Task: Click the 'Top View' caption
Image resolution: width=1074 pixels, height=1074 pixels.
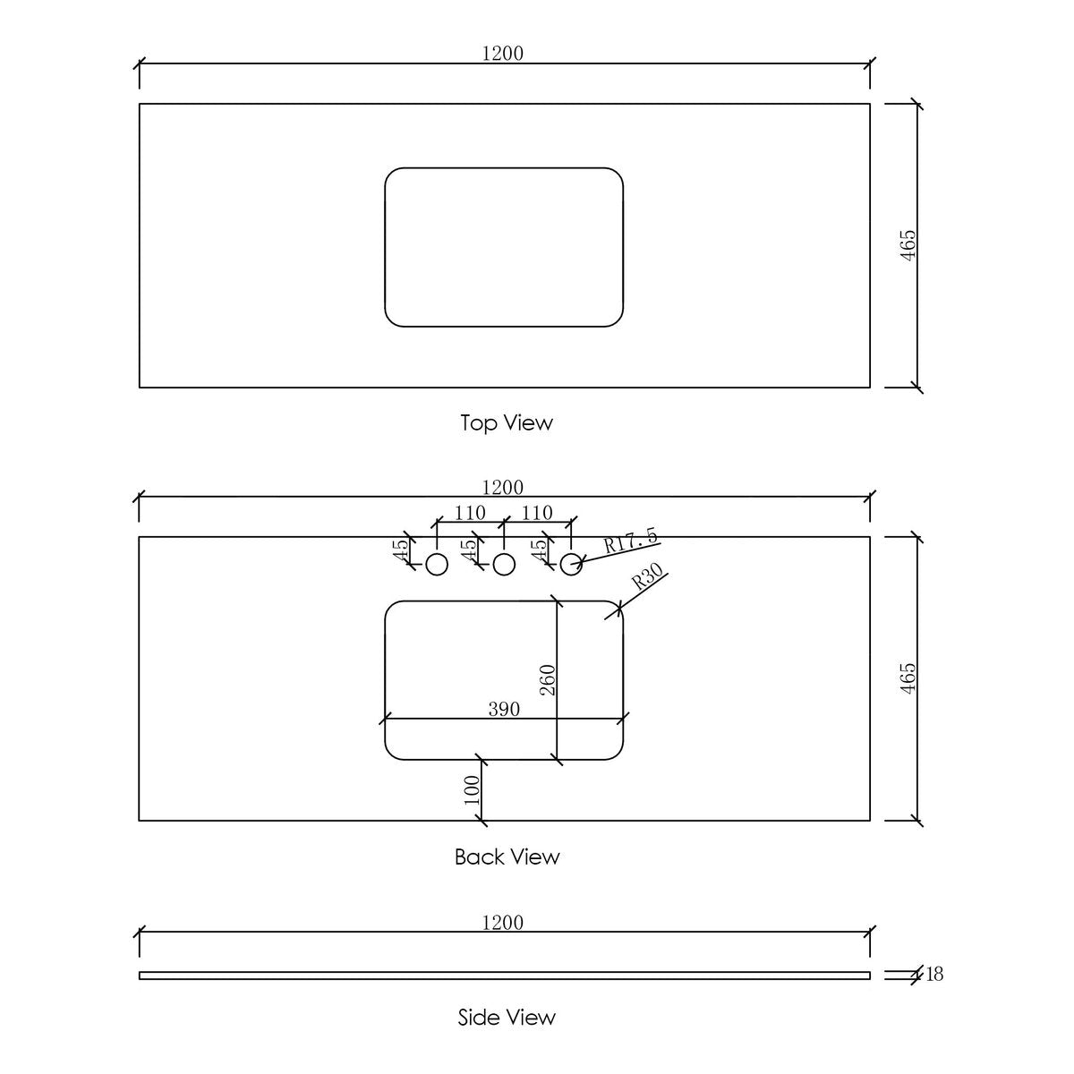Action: (x=506, y=423)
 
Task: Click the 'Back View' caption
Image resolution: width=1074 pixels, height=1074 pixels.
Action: (x=507, y=857)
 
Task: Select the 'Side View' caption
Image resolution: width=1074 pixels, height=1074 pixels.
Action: (x=507, y=1018)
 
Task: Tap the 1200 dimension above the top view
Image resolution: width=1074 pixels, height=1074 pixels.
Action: (x=502, y=54)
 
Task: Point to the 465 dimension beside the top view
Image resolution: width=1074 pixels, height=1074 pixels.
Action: (x=908, y=245)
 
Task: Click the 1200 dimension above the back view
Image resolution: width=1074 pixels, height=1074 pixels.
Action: (x=502, y=488)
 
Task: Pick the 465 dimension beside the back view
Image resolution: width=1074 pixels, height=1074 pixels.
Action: (x=908, y=678)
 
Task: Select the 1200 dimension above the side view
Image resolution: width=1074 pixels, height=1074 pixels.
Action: (x=502, y=923)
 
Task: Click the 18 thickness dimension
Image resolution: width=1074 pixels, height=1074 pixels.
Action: (x=934, y=975)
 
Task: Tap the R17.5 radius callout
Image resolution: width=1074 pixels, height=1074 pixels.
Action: (x=631, y=541)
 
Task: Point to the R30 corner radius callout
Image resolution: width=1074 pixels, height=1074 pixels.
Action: (x=648, y=577)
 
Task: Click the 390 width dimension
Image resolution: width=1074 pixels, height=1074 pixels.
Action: (x=504, y=710)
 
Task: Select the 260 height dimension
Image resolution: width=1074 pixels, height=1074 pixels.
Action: (x=548, y=680)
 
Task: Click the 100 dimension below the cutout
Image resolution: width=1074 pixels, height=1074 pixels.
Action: (x=472, y=789)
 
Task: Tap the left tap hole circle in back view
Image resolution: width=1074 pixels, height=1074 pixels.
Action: (x=437, y=565)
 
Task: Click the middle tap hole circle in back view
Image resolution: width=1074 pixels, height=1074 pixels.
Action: (x=504, y=565)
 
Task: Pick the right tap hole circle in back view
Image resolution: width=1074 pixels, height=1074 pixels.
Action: (x=571, y=565)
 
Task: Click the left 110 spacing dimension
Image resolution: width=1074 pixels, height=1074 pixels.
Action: (x=470, y=513)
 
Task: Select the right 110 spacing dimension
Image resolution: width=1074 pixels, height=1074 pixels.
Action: (x=537, y=513)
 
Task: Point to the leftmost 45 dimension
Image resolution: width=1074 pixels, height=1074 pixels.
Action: (x=401, y=550)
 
